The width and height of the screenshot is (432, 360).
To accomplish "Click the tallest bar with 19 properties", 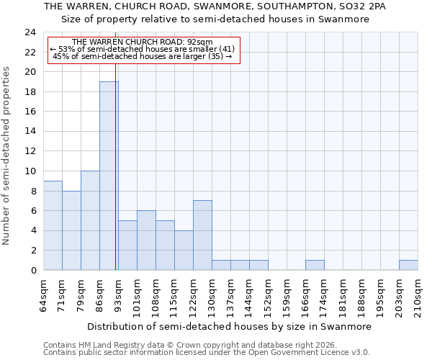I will pos(109,176).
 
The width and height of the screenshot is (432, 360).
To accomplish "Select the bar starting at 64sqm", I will pos(53,225).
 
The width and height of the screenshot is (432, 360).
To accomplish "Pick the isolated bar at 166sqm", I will pos(315,265).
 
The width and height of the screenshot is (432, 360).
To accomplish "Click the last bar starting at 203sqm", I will pos(408,265).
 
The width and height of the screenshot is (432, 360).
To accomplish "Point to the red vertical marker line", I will pos(116,173).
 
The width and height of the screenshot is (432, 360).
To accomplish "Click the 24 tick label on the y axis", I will pos(30,32).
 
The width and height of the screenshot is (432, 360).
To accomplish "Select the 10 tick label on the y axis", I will pos(30,171).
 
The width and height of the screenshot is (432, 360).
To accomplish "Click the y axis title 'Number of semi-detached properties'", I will pos(7,156).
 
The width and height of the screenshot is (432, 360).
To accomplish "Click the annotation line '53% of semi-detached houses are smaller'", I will pos(143,49).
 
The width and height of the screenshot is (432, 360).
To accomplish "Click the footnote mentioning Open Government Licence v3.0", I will pos(207,352).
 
